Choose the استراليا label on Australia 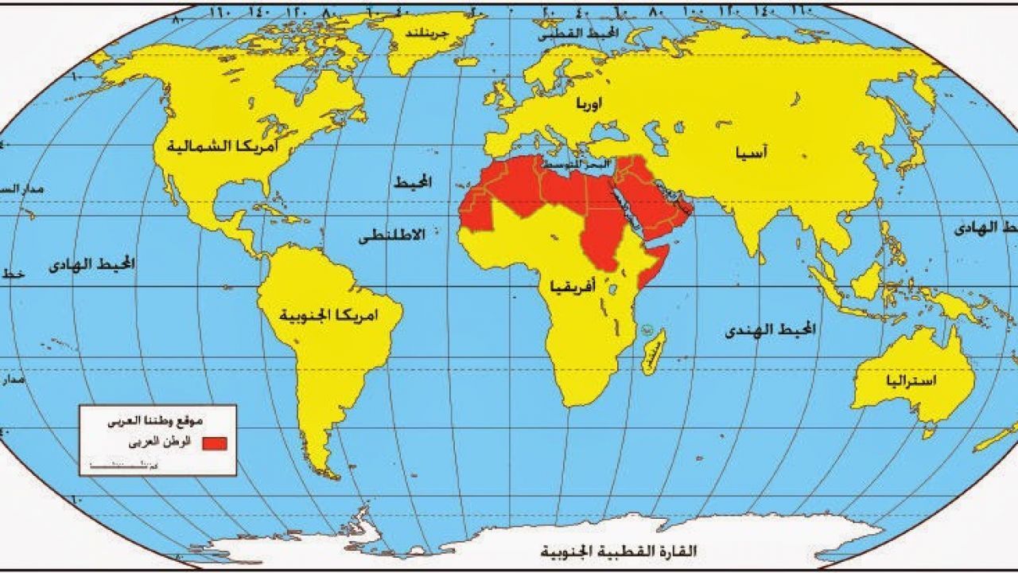click(x=910, y=381)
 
